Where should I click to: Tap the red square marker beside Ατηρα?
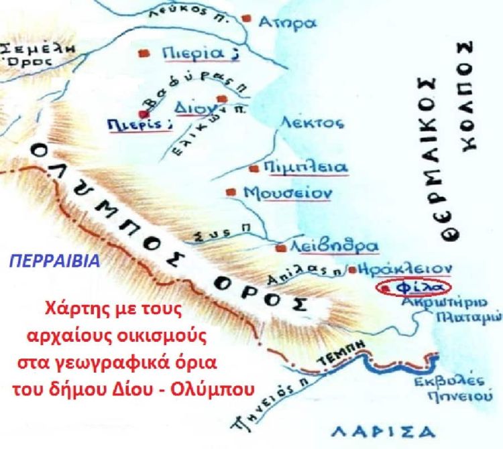tap(247, 18)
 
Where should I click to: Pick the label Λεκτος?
tap(312, 123)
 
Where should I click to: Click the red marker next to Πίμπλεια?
tap(254, 168)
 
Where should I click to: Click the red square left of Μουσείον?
tap(231, 192)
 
